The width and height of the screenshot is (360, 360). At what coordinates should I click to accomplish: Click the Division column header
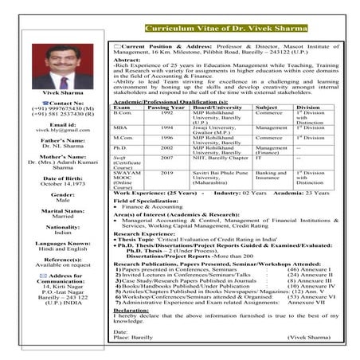coord(308,107)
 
